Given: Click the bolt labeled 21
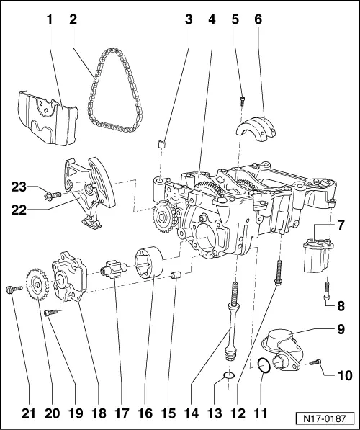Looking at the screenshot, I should click(x=9, y=289).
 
